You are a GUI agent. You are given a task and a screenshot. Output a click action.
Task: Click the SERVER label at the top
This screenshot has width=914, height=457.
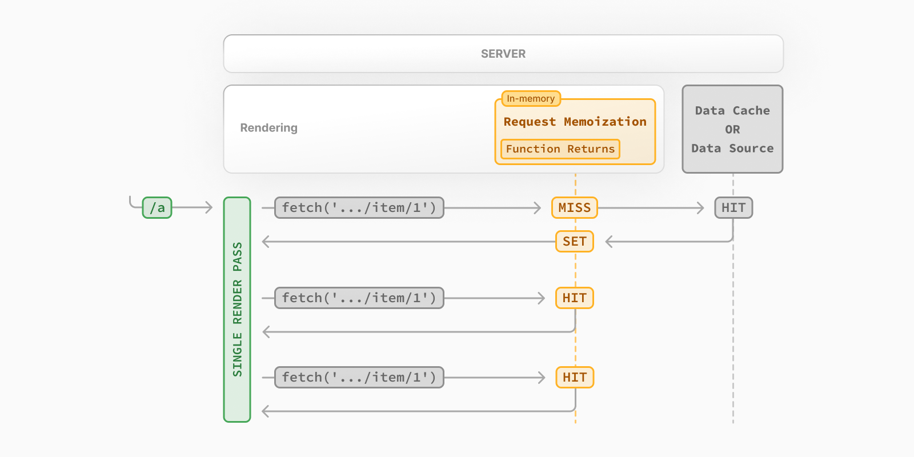(503, 54)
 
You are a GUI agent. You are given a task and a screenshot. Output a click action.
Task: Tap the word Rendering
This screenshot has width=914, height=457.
(268, 128)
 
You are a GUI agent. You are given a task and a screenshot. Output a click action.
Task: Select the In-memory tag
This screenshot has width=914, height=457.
(531, 99)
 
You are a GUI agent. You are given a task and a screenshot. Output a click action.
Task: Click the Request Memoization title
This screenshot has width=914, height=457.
(575, 122)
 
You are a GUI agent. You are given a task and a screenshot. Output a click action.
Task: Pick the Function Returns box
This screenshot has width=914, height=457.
(560, 149)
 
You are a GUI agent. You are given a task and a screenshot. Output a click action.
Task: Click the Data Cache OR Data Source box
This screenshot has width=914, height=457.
(732, 129)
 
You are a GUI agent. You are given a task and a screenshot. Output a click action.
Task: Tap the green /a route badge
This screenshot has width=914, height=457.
(157, 208)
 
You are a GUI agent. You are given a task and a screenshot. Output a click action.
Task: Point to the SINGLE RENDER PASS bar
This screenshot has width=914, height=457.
(237, 310)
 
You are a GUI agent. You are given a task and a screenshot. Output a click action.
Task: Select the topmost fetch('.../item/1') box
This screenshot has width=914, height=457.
(359, 208)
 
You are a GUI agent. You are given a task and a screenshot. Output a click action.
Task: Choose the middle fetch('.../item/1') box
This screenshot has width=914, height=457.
(359, 298)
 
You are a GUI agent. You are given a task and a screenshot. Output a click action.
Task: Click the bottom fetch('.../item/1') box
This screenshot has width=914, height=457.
(359, 378)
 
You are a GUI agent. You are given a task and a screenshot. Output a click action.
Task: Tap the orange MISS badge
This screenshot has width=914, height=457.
(574, 208)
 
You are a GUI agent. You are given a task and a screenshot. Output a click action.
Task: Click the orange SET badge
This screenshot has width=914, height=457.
(574, 242)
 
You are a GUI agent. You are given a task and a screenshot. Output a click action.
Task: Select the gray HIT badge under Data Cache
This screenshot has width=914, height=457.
(733, 208)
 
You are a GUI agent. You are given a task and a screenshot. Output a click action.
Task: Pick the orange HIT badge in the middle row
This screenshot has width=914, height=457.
(574, 298)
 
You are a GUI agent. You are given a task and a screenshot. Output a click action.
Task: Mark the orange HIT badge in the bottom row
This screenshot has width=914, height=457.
(575, 378)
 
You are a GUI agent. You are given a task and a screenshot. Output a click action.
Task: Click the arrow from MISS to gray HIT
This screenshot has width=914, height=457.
(651, 208)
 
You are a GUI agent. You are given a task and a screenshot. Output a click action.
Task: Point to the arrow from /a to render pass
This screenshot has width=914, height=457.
(193, 208)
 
